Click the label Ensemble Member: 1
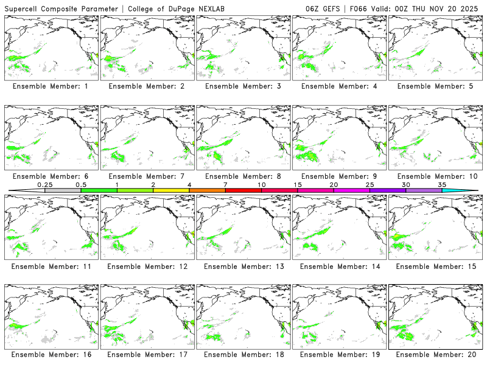pos(52,86)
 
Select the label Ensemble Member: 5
pos(436,86)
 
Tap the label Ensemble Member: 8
pos(244,176)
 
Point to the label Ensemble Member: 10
pos(436,176)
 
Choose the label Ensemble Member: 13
pos(244,265)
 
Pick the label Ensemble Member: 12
pos(148,265)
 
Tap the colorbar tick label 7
pos(225,184)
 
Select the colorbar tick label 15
pos(298,184)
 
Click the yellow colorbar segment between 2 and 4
pos(171,190)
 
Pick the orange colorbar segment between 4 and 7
pos(207,190)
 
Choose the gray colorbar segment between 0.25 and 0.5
pos(63,190)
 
